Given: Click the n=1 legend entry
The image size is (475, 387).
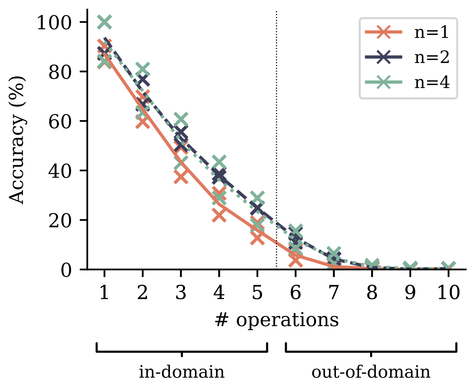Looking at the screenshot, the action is pyautogui.click(x=407, y=32).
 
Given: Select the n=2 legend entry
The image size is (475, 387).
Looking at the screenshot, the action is pyautogui.click(x=407, y=57).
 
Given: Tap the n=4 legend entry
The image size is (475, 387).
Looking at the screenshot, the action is pyautogui.click(x=407, y=82).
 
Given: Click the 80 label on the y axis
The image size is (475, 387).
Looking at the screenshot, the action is pyautogui.click(x=60, y=72).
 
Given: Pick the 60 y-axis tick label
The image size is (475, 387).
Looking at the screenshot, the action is pyautogui.click(x=60, y=121).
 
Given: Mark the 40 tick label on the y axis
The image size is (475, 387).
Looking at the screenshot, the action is pyautogui.click(x=60, y=171).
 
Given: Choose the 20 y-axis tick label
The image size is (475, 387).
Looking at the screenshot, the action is pyautogui.click(x=60, y=220).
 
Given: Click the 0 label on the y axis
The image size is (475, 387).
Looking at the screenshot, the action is pyautogui.click(x=66, y=270).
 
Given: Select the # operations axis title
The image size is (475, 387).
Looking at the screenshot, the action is pyautogui.click(x=277, y=320).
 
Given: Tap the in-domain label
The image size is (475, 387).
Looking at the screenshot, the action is pyautogui.click(x=182, y=372).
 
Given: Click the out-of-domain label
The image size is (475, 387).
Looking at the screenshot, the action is pyautogui.click(x=371, y=372).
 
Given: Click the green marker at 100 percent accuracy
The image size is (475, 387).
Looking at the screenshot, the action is pyautogui.click(x=104, y=22).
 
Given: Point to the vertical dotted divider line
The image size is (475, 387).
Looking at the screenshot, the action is pyautogui.click(x=277, y=140).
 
